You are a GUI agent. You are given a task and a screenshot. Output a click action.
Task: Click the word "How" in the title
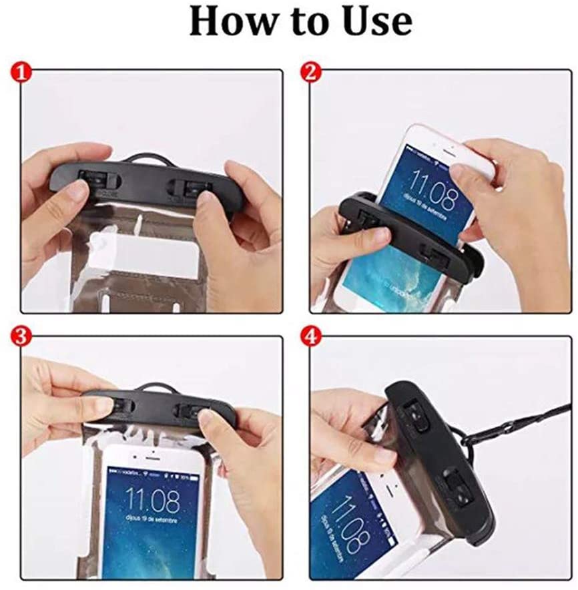pyautogui.click(x=230, y=22)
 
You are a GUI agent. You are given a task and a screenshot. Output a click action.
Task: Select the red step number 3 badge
pyautogui.click(x=21, y=336)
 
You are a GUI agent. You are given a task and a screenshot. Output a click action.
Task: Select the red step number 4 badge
pyautogui.click(x=308, y=336)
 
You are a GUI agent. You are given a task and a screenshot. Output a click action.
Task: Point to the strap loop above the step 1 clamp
pyautogui.click(x=148, y=159)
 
